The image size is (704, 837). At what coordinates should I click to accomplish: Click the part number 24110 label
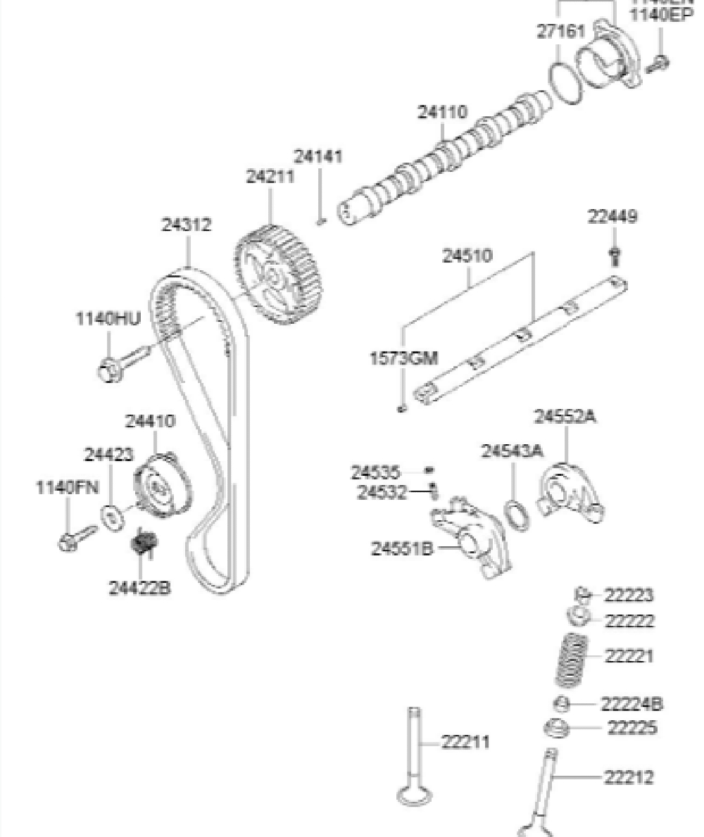click(443, 113)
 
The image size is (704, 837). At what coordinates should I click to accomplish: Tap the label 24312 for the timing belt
click(187, 225)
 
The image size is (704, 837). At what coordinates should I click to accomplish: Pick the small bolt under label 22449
click(615, 254)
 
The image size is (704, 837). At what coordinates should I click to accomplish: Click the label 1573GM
click(404, 358)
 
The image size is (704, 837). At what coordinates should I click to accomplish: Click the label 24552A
click(565, 417)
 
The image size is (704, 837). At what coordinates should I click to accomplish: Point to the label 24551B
click(402, 548)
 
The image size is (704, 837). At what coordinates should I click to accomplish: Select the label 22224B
click(631, 704)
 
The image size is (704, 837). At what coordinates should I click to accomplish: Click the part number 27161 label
click(560, 33)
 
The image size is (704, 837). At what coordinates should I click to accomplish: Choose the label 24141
click(319, 156)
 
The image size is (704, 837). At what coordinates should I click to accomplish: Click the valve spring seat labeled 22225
click(556, 728)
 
